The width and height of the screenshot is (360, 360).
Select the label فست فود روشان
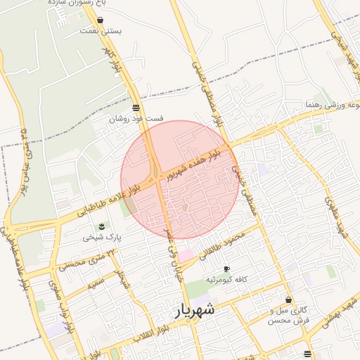(127, 119)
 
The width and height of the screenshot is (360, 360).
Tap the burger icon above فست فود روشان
(135, 108)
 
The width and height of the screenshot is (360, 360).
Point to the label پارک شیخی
(103, 237)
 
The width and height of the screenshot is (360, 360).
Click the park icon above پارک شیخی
(103, 226)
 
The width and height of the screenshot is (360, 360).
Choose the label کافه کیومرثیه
(225, 280)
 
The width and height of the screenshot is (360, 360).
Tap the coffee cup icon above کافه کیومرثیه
(226, 269)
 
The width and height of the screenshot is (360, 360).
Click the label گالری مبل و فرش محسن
(288, 314)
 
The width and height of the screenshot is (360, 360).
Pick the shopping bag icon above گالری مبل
(288, 300)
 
